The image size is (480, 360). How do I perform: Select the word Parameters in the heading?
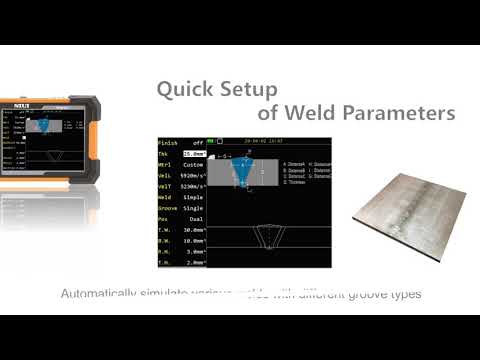click(399, 113)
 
